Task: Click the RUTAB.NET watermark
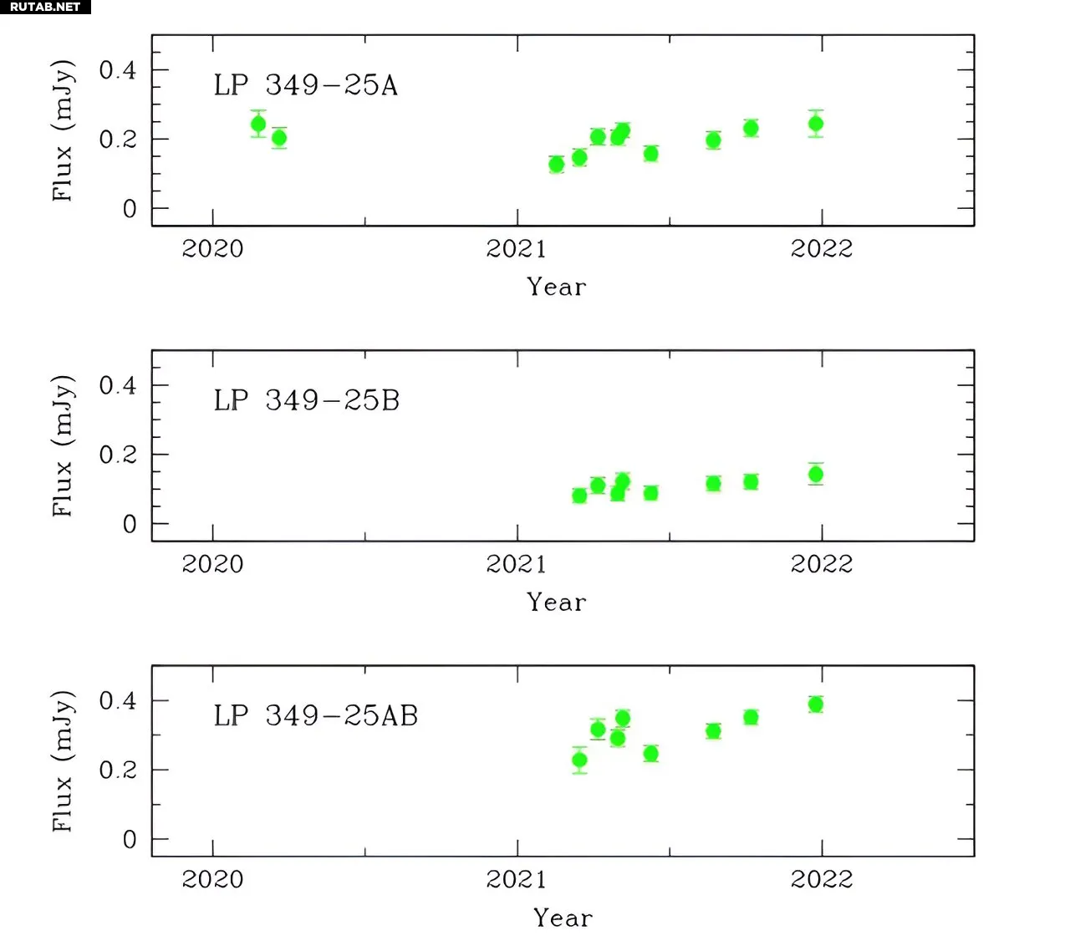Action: [45, 7]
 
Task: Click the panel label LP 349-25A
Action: [305, 85]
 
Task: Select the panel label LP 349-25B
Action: [306, 400]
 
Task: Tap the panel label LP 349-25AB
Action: [315, 715]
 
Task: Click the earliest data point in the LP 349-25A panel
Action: [258, 125]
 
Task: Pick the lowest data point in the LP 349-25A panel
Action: [557, 164]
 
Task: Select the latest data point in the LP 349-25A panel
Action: [816, 124]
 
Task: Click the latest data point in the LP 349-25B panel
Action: [816, 475]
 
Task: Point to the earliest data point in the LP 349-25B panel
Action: [579, 496]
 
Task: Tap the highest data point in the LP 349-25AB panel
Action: [816, 704]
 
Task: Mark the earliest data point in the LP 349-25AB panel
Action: [579, 760]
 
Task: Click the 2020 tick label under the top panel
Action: [212, 248]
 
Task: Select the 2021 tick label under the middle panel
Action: [517, 564]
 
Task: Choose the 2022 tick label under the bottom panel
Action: [822, 879]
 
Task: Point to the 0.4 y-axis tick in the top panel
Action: [118, 70]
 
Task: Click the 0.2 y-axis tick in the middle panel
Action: [118, 455]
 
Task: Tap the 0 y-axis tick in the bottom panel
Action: [130, 839]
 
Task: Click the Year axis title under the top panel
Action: [557, 287]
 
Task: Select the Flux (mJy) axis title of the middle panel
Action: [63, 445]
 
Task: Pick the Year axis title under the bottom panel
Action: [563, 918]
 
